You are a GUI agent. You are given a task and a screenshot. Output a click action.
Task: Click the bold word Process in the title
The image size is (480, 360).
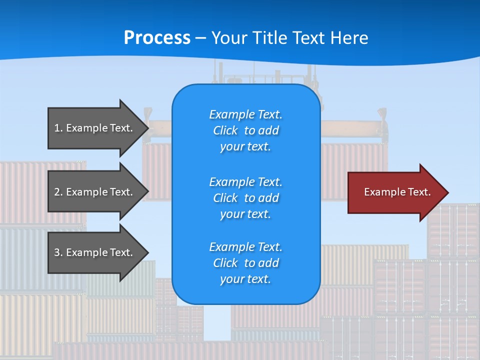pos(157,38)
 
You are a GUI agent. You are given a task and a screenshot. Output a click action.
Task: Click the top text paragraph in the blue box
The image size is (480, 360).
pos(245,130)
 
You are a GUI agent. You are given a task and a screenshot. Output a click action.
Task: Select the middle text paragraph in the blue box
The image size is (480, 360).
pos(245,198)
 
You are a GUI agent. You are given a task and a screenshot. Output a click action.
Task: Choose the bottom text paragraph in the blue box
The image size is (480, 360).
pos(245,263)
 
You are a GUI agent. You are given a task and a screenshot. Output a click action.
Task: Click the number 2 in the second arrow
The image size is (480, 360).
pos(57,192)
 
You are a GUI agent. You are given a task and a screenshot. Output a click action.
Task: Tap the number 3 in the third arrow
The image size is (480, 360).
pos(57,252)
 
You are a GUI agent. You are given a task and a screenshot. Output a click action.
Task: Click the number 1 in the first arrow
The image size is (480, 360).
pos(57,128)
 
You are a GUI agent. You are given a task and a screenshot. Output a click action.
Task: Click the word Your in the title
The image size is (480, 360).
pos(228,38)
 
